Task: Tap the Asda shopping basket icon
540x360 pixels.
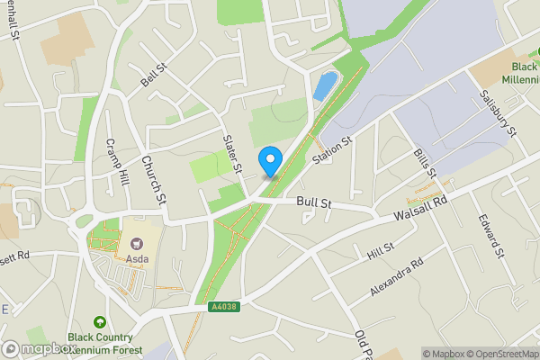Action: point(138,243)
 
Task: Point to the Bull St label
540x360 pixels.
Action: point(315,204)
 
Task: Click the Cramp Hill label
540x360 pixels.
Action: point(118,162)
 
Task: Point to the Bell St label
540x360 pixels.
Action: point(154,74)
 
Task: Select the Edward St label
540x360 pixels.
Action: point(491,237)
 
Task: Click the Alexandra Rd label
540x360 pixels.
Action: point(396,280)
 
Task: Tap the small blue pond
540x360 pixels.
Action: point(322,86)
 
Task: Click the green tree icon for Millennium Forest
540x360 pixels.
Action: point(100,322)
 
